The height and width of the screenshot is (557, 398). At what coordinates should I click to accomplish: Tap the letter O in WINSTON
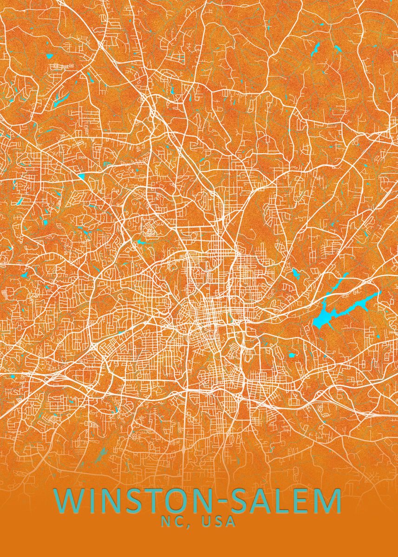pos(181,501)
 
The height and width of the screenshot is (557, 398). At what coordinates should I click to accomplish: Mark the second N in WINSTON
pos(204,501)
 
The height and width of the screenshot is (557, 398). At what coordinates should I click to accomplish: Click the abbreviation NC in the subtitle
pos(172,522)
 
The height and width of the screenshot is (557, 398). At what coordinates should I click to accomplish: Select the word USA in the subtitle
pos(218,522)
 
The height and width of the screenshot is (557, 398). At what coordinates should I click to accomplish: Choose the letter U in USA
pos(206,522)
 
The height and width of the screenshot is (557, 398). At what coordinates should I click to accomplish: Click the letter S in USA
pos(218,522)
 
